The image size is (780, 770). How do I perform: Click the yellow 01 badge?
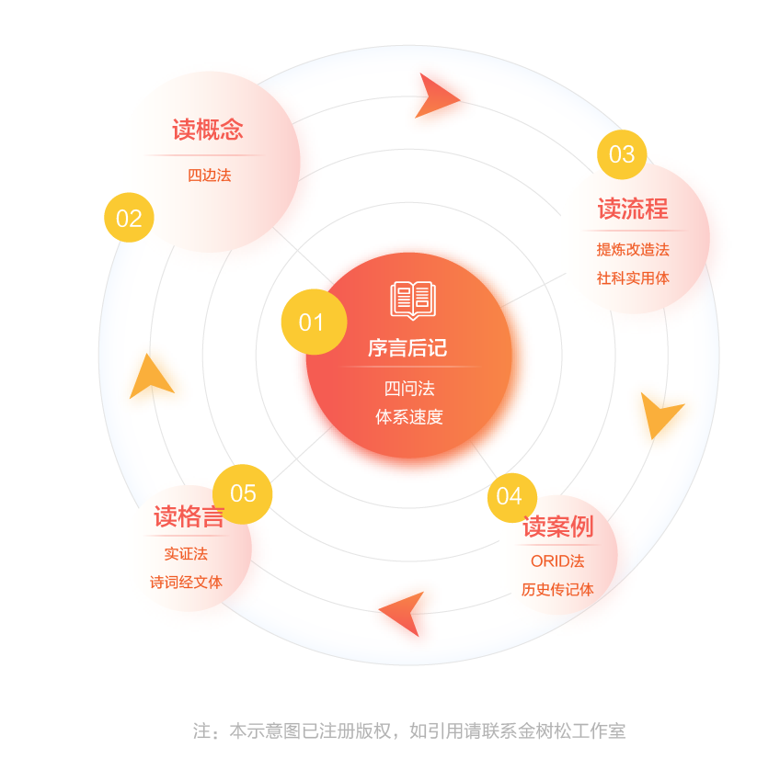coord(314,322)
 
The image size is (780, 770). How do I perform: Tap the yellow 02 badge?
coord(129,218)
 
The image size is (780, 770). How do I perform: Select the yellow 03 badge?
coord(622,154)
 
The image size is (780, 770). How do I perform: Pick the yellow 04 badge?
coord(511,498)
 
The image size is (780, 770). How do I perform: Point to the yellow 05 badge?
coord(242,493)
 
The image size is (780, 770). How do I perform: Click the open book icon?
coord(413,300)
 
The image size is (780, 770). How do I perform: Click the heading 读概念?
coord(208,130)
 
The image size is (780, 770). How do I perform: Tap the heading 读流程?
coord(633,209)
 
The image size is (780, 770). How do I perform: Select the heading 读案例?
coord(557,527)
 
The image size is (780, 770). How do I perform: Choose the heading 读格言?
coord(189,516)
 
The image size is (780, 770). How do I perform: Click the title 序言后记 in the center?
coord(407,347)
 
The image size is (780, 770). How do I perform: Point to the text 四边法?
coord(210,176)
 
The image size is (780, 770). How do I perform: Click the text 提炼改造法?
coord(633,249)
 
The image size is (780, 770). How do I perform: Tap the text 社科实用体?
coord(633,278)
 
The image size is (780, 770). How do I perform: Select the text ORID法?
coord(557,561)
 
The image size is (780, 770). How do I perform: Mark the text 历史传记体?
coord(557,590)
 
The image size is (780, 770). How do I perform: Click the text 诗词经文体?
coord(186,583)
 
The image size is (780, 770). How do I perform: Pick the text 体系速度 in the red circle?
coord(409,417)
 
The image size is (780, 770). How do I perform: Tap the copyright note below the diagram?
coord(409,731)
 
